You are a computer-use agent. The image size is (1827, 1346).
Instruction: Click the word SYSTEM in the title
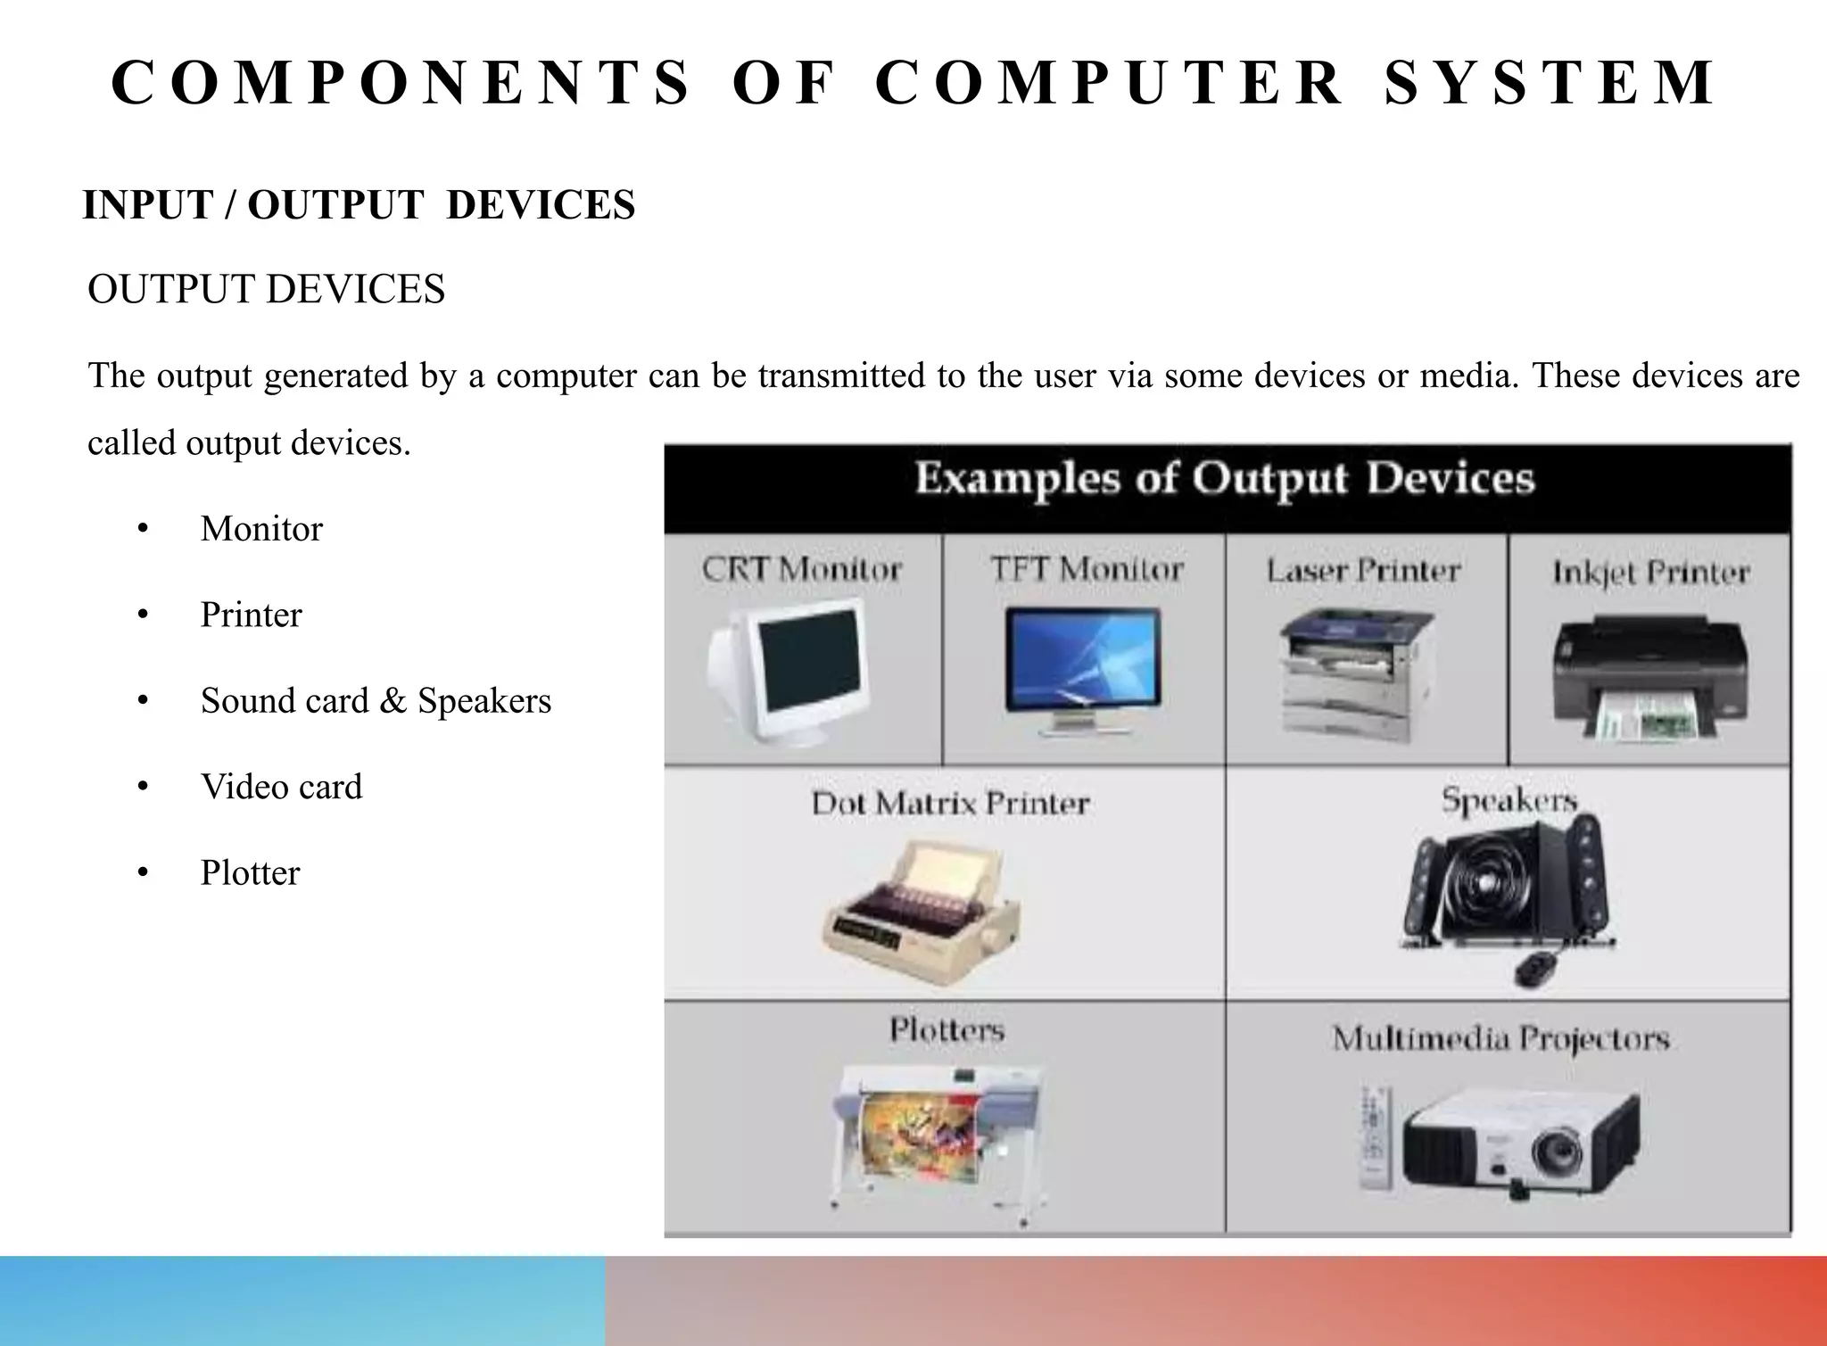(1550, 82)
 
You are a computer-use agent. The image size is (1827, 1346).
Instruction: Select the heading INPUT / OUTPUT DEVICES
(359, 205)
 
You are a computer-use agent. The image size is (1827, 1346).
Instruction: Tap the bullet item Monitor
(261, 529)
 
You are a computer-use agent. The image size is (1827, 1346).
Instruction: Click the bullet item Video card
(281, 787)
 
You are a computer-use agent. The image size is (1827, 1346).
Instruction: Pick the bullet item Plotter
(250, 872)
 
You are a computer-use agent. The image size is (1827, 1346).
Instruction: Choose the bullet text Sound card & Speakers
(376, 701)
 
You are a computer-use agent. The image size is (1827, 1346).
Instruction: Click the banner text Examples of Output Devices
(1225, 479)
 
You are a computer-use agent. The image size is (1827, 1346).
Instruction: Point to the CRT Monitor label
(801, 569)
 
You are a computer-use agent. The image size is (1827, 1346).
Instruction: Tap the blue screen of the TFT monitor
(1083, 657)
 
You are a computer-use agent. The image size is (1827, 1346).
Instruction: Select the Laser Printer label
(1363, 571)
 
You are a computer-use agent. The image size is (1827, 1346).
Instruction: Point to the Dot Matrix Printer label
(950, 804)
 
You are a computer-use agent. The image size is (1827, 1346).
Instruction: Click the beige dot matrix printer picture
(922, 912)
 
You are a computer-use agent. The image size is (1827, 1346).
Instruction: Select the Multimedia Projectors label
(1500, 1039)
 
